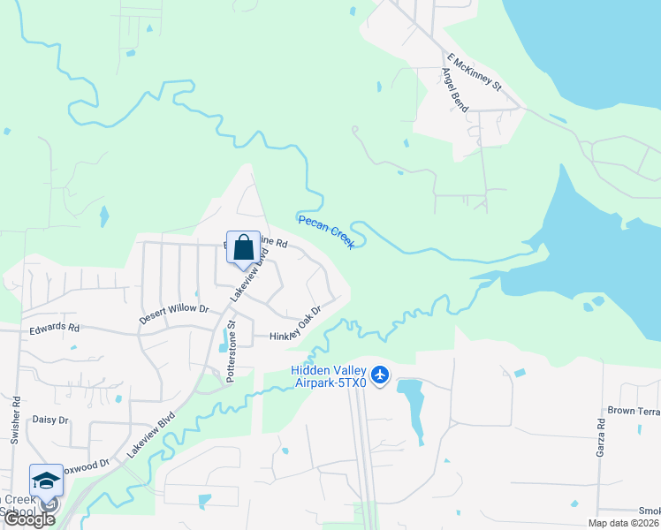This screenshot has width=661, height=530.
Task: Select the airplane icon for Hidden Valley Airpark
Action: coord(380,375)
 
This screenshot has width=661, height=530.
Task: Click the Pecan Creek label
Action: coord(326,231)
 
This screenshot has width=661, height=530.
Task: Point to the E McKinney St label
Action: coord(474,72)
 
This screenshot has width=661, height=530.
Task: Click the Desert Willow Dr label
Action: coord(173,314)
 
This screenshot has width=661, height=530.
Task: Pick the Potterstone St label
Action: coord(231,352)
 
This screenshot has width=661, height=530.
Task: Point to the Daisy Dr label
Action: coord(50,420)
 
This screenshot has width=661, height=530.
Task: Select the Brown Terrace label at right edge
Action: coord(634,411)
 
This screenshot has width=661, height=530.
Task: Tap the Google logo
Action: coord(29,519)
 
